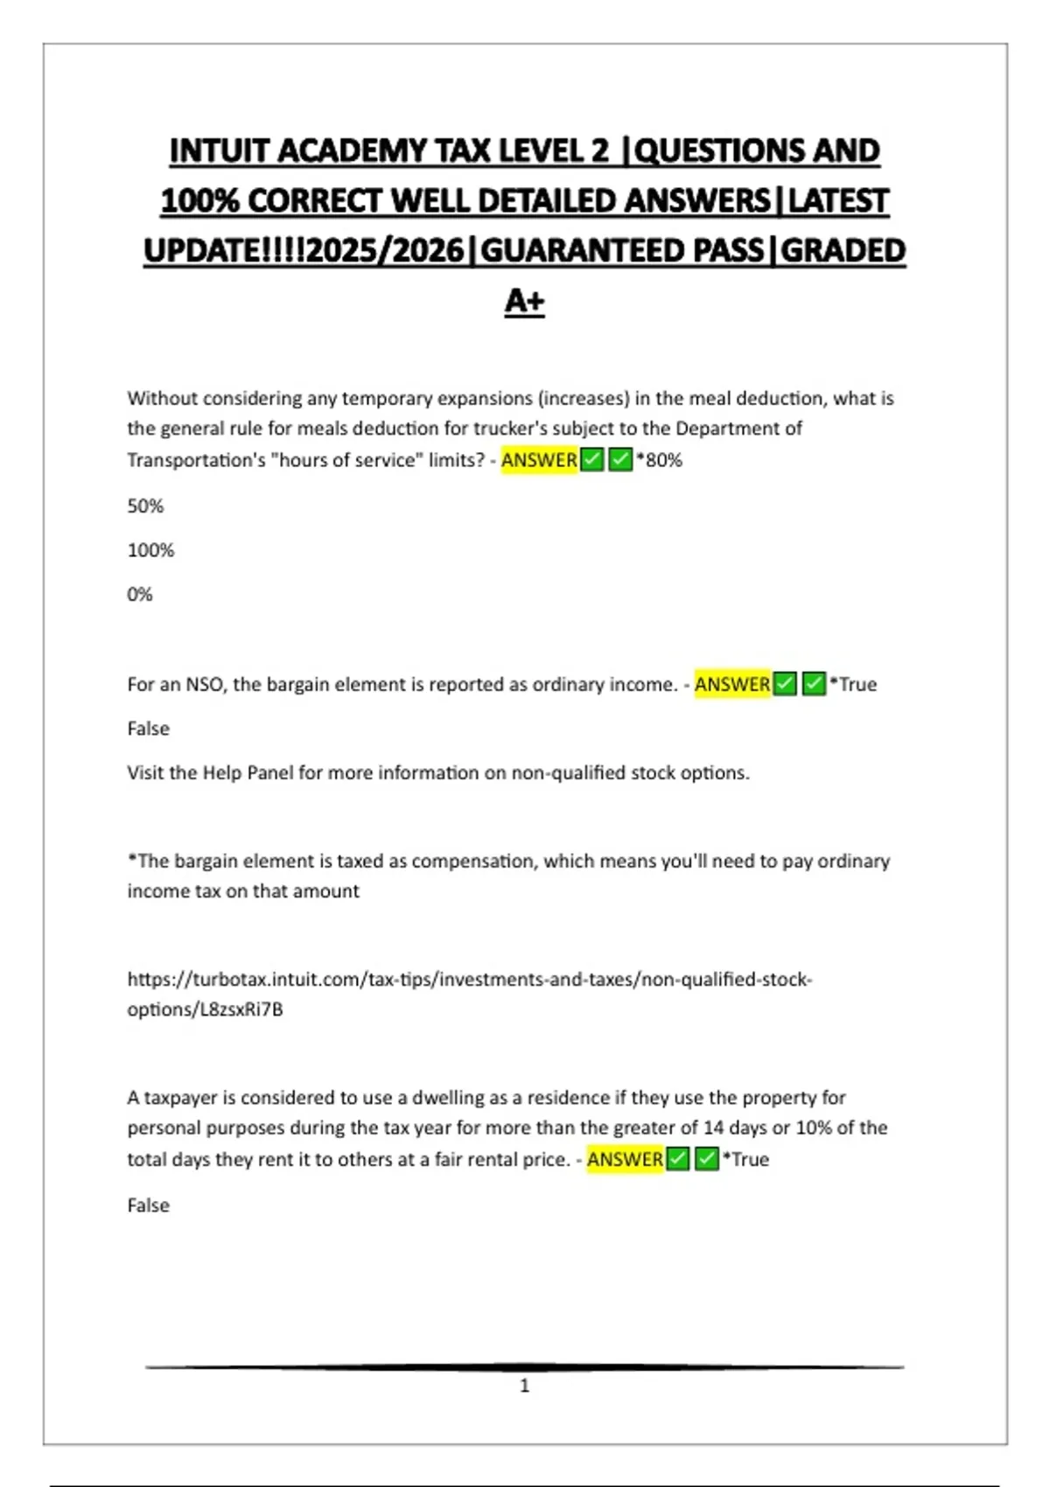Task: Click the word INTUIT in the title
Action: pos(219,151)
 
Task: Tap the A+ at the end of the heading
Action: pos(524,301)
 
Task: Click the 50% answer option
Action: pos(145,506)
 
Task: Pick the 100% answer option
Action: pos(150,550)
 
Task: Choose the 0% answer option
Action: pos(140,595)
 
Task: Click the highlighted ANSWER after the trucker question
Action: pos(539,460)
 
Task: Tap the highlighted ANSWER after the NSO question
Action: pos(732,684)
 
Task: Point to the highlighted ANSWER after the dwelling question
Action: pos(625,1159)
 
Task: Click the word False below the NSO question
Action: pos(148,729)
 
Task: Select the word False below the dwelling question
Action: pos(148,1205)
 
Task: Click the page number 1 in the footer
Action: pos(524,1386)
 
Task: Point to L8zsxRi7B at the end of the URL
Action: pos(241,1009)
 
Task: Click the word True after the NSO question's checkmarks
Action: pos(857,684)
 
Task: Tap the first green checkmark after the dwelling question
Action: pos(677,1159)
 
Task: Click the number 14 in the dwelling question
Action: pos(713,1127)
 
